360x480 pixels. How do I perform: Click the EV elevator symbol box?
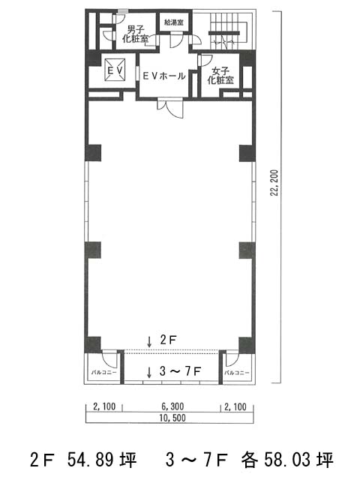pyautogui.click(x=115, y=70)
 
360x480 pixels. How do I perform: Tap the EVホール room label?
pyautogui.click(x=164, y=76)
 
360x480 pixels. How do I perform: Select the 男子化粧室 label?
pyautogui.click(x=135, y=34)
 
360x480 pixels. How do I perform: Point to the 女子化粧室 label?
pyautogui.click(x=220, y=76)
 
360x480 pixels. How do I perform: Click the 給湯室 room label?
pyautogui.click(x=173, y=22)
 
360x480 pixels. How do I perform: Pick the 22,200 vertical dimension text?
pyautogui.click(x=274, y=183)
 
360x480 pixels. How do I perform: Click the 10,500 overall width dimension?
pyautogui.click(x=172, y=418)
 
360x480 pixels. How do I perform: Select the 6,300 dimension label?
pyautogui.click(x=172, y=406)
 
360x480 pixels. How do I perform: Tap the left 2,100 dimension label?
pyautogui.click(x=104, y=406)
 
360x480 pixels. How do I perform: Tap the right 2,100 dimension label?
pyautogui.click(x=235, y=406)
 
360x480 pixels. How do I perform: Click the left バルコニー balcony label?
pyautogui.click(x=104, y=373)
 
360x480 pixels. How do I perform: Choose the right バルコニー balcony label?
pyautogui.click(x=237, y=373)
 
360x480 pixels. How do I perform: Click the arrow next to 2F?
pyautogui.click(x=149, y=341)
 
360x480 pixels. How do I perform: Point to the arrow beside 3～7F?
pyautogui.click(x=149, y=372)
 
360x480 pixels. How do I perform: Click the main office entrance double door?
pyautogui.click(x=170, y=108)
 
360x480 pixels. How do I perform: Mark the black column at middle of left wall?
pyautogui.click(x=93, y=250)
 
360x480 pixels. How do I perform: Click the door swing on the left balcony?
pyautogui.click(x=109, y=358)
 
